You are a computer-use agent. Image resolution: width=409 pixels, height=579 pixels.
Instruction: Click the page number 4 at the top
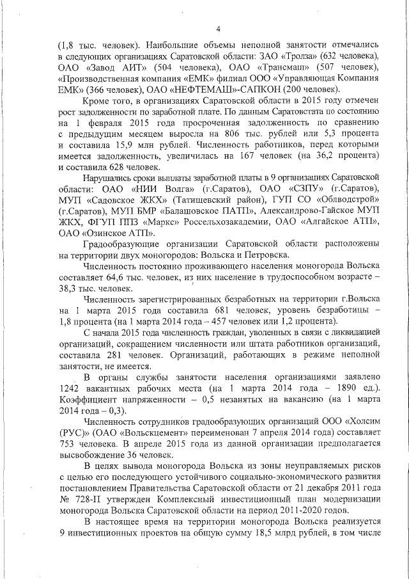[217, 28]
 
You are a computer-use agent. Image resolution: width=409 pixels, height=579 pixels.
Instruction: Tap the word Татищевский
[206, 200]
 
